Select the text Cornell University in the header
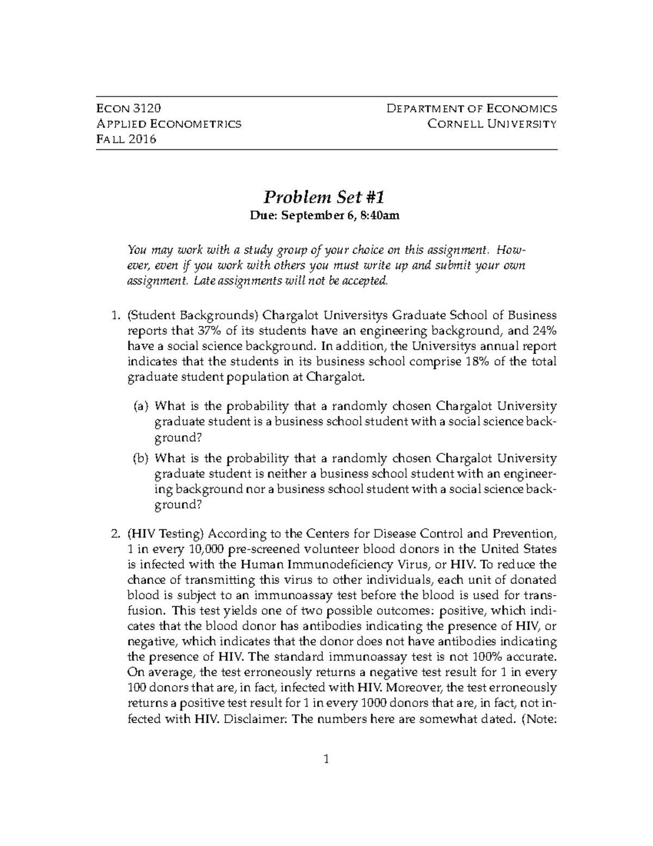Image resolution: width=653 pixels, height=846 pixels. pyautogui.click(x=492, y=124)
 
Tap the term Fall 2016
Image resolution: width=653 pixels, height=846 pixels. pyautogui.click(x=126, y=139)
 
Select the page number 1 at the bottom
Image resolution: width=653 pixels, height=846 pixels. pyautogui.click(x=326, y=759)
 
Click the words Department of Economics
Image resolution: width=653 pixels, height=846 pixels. pyautogui.click(x=471, y=108)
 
